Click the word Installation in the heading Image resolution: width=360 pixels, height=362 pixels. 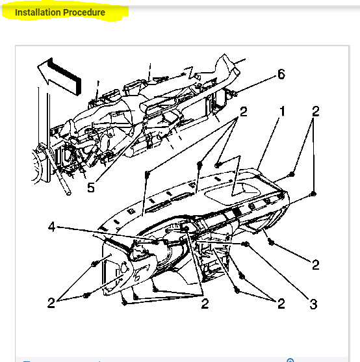[38, 12]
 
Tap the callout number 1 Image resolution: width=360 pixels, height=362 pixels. [282, 112]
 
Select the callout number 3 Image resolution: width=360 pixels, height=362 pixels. [313, 304]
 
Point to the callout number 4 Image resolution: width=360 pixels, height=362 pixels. [52, 227]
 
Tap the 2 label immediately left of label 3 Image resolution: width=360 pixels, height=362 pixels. [281, 304]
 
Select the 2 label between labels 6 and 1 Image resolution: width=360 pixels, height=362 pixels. [243, 112]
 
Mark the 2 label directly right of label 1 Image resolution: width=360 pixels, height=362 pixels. [315, 112]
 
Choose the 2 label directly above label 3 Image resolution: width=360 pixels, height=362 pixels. [315, 265]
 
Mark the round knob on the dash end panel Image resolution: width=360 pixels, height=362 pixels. [123, 267]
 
